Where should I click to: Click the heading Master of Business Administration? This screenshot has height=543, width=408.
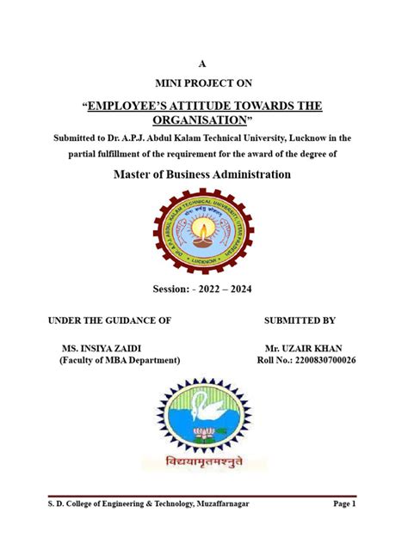coord(202,174)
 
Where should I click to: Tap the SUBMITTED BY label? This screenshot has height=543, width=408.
coord(300,320)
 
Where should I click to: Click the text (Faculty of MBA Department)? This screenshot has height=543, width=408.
coord(120,360)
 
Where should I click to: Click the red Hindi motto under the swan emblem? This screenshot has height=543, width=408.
coord(203,462)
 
